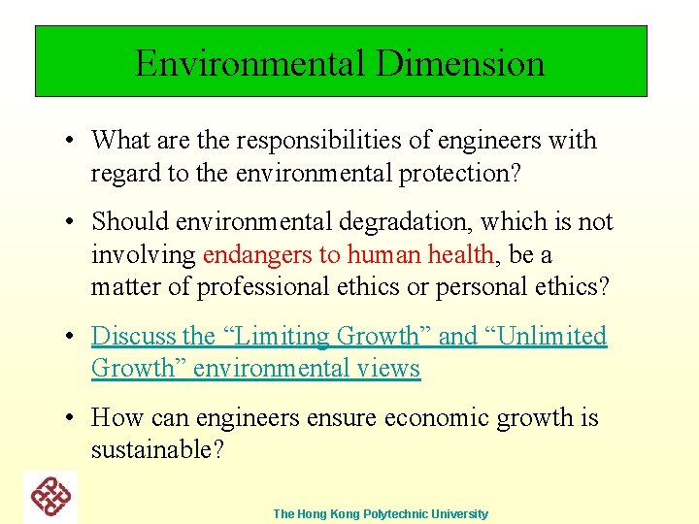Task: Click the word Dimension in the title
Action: pyautogui.click(x=460, y=63)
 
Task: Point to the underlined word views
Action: pyautogui.click(x=387, y=369)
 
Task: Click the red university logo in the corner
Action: pyautogui.click(x=50, y=497)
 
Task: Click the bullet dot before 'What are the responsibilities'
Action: pyautogui.click(x=72, y=141)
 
